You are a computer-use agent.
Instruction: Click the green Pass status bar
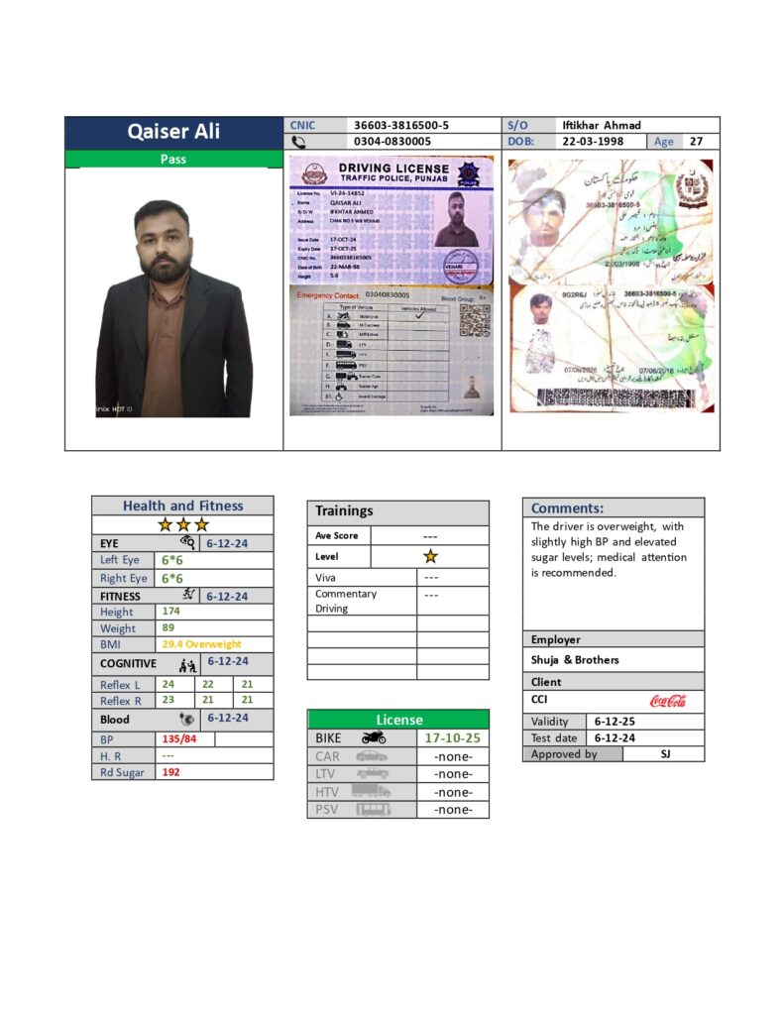(x=173, y=159)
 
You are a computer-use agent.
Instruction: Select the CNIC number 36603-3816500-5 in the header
(x=401, y=125)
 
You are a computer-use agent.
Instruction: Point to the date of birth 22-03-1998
(x=594, y=142)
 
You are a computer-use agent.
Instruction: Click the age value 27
(x=697, y=142)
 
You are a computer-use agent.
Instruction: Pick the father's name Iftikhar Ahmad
(x=602, y=125)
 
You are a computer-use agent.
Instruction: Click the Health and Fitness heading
(x=182, y=506)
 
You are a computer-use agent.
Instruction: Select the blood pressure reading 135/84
(x=179, y=739)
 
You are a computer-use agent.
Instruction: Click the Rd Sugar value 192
(x=170, y=772)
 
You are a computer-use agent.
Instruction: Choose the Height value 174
(x=170, y=612)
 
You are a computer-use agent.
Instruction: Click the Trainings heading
(x=344, y=511)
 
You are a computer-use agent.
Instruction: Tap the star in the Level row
(x=430, y=557)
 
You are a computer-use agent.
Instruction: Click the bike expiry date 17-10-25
(x=452, y=738)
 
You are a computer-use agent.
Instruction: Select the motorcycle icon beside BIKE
(x=373, y=738)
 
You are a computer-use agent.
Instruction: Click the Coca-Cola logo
(x=668, y=701)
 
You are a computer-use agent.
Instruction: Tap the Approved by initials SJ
(x=664, y=754)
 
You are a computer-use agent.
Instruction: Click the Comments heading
(x=567, y=508)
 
